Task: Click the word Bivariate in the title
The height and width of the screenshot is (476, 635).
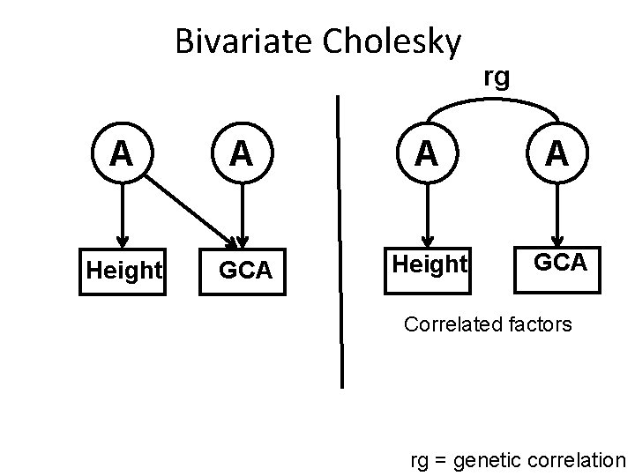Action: click(x=232, y=41)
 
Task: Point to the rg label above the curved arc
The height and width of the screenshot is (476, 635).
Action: click(x=497, y=78)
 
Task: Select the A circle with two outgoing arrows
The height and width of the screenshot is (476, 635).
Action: click(x=123, y=156)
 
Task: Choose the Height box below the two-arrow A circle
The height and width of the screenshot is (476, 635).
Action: click(x=123, y=271)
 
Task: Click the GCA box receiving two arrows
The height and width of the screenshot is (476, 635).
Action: click(x=244, y=271)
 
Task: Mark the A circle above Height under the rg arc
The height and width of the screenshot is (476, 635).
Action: click(x=427, y=155)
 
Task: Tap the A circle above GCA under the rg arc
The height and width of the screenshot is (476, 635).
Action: click(x=556, y=155)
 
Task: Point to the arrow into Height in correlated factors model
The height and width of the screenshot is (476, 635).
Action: click(x=427, y=216)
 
